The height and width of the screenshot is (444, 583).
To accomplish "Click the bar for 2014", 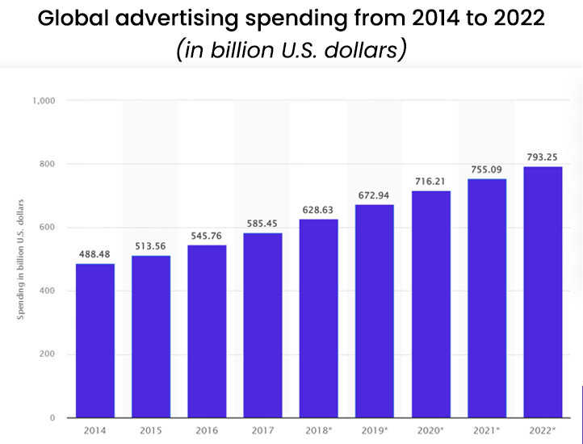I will (95, 340).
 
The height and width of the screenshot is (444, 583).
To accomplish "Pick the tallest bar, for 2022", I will (543, 291).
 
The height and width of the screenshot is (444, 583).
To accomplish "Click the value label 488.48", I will (95, 254).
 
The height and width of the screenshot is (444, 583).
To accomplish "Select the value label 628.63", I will (319, 210).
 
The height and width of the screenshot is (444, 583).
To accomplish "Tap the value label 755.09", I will (487, 170).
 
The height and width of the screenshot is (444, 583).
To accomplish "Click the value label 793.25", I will (543, 157).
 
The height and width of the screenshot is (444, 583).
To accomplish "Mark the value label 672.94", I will (375, 196).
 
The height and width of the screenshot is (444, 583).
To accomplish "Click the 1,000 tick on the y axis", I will (43, 101).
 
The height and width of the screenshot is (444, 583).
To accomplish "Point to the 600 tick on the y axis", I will (46, 228).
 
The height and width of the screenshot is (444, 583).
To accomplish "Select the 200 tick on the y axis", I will (46, 354).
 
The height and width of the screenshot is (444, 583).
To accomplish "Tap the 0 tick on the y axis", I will (51, 417).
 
